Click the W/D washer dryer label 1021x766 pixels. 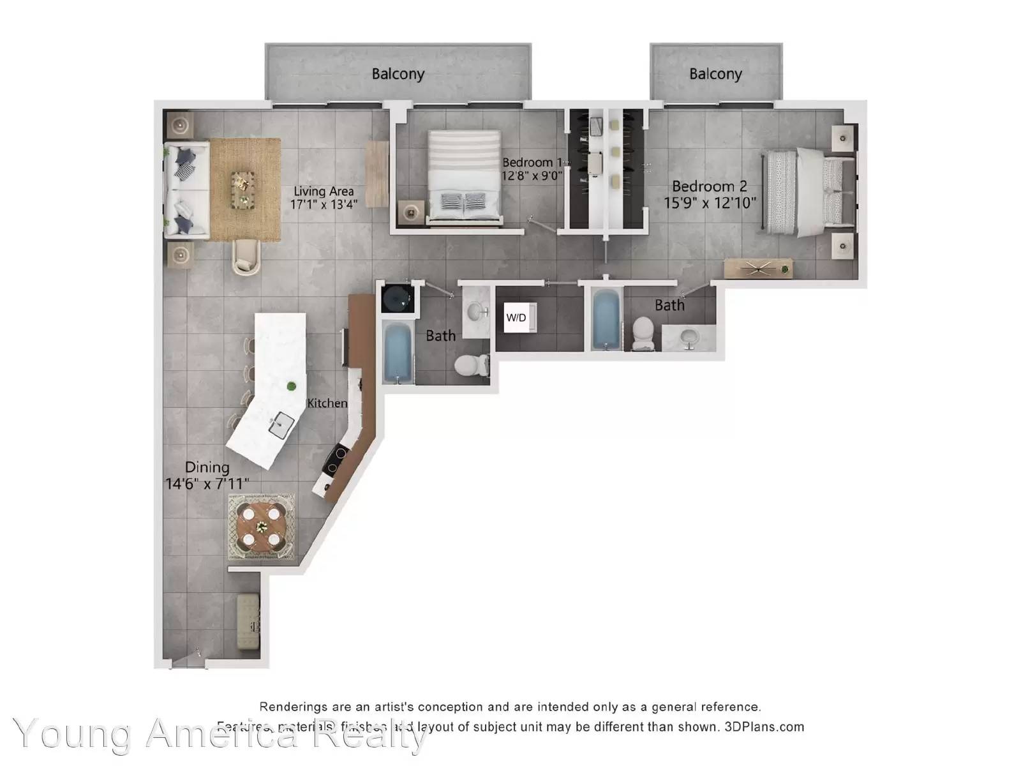click(x=516, y=317)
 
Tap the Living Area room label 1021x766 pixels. click(x=324, y=191)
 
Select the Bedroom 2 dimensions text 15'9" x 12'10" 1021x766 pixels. click(x=710, y=203)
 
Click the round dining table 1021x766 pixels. click(x=262, y=527)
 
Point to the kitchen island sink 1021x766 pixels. click(x=281, y=424)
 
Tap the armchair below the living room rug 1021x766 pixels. click(x=246, y=257)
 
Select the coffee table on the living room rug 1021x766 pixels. click(x=242, y=190)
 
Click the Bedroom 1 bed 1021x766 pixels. click(x=464, y=177)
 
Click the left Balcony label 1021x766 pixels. click(x=398, y=74)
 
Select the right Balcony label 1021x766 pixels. click(x=715, y=74)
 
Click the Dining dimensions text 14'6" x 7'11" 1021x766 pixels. click(x=207, y=484)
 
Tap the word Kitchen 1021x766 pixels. click(x=327, y=403)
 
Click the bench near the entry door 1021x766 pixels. click(x=248, y=622)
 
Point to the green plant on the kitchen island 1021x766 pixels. click(x=292, y=386)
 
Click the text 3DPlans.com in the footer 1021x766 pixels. click(x=764, y=726)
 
